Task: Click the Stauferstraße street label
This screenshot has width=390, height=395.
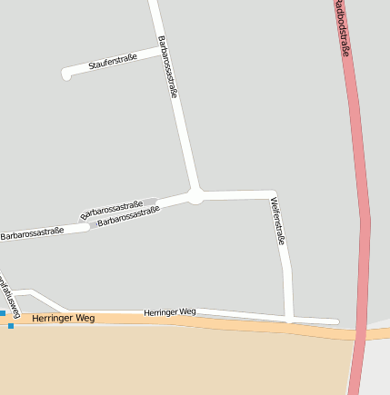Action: click(x=113, y=62)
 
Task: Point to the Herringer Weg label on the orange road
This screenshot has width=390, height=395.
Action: click(x=63, y=319)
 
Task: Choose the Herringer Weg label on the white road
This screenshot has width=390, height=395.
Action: click(x=169, y=311)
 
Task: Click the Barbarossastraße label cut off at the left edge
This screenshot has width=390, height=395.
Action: click(x=32, y=233)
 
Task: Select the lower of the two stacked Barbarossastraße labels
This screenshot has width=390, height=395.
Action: click(x=128, y=216)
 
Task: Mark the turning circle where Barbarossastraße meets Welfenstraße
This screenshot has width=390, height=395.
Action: click(x=195, y=194)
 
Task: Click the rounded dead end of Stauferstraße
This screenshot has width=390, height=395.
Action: click(x=66, y=74)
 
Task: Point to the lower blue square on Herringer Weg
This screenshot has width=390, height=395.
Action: click(x=11, y=325)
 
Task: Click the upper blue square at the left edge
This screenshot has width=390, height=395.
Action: click(x=2, y=313)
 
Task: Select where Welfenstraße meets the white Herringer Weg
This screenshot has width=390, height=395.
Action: click(x=289, y=319)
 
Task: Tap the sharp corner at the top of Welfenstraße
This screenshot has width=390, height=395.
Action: click(x=273, y=194)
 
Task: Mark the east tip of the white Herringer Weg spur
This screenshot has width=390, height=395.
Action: click(x=336, y=321)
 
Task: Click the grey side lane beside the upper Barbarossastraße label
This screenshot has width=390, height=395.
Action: click(x=149, y=201)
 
